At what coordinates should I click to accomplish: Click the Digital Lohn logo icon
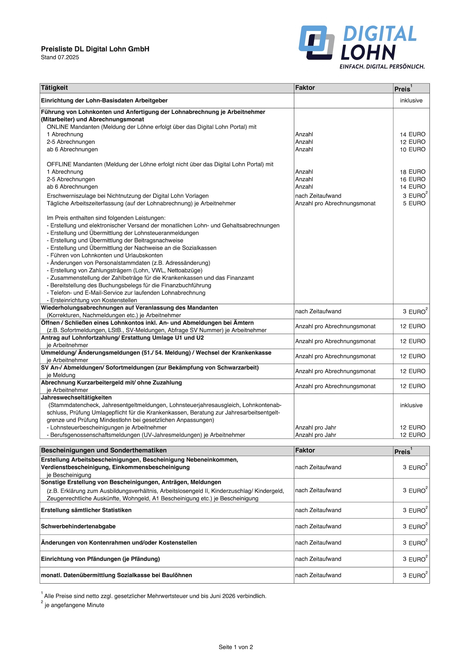(x=317, y=42)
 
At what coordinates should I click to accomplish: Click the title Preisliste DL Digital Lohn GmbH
(x=95, y=49)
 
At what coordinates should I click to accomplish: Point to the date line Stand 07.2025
(x=60, y=57)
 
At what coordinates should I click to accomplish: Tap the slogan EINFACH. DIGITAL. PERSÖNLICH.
(x=382, y=67)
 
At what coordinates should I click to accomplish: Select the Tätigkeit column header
(x=54, y=88)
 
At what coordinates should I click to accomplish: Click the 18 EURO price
(x=412, y=172)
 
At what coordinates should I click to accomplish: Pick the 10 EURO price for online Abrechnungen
(x=412, y=149)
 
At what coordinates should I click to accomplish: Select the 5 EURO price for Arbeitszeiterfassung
(x=414, y=203)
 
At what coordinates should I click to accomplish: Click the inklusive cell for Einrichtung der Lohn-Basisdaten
(x=411, y=101)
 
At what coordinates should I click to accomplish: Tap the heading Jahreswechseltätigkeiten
(x=76, y=397)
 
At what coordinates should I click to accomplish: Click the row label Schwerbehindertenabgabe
(x=78, y=526)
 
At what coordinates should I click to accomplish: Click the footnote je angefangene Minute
(x=74, y=605)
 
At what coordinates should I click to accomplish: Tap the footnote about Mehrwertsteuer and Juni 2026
(x=155, y=596)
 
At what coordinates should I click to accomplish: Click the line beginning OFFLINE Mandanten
(x=160, y=164)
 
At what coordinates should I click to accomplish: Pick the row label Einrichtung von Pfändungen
(x=100, y=559)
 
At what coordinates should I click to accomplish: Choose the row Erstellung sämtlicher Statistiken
(x=86, y=510)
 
